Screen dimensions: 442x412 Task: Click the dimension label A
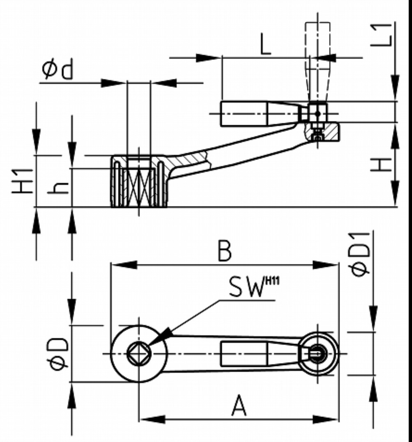[x=239, y=406]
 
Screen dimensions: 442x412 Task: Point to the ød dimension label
[x=57, y=70]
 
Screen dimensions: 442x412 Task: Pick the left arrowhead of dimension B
[x=123, y=265]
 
